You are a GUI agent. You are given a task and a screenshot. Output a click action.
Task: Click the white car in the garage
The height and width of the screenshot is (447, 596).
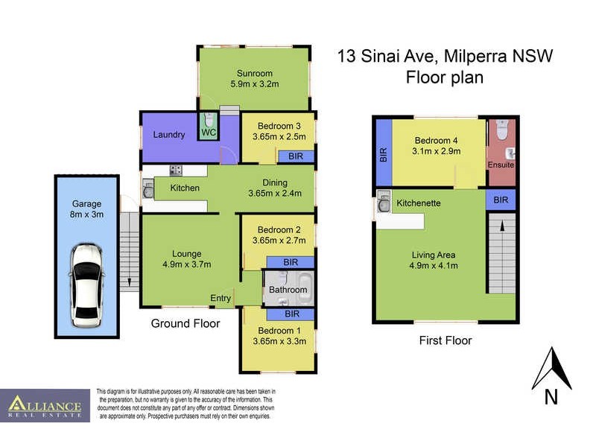click(86, 286)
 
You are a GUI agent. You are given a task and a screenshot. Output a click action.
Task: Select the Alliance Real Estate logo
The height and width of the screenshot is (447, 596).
click(45, 406)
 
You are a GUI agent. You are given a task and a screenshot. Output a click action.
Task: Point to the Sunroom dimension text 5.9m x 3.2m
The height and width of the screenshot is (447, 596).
click(255, 85)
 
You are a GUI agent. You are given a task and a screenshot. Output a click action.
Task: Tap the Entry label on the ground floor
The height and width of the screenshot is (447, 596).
click(221, 298)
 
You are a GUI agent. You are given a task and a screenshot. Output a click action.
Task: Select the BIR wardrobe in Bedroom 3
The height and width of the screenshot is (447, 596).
click(295, 156)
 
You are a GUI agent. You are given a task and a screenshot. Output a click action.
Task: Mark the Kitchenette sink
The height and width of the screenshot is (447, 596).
click(384, 202)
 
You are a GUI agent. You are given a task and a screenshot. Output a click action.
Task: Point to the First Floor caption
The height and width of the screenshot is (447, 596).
click(445, 340)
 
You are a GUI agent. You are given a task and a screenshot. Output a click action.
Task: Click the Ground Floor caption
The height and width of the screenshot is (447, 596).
click(186, 323)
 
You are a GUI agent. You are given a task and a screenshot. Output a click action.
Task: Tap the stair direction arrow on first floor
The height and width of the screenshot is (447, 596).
click(501, 225)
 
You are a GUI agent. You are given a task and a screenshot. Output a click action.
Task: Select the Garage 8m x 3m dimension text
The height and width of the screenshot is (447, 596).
click(86, 215)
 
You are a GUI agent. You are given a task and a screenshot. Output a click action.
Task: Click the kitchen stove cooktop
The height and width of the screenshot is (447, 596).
click(177, 170)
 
